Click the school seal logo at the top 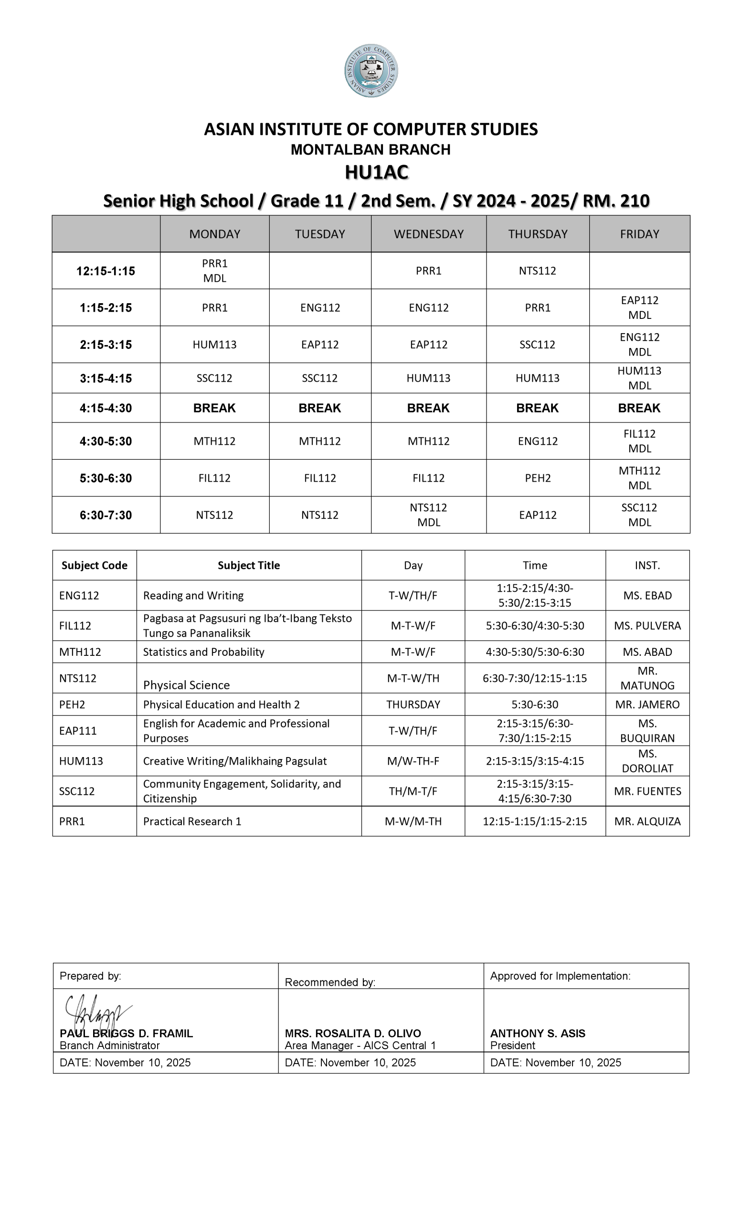point(371,71)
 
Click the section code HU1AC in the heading point(376,172)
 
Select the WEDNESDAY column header point(428,234)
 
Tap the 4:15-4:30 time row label point(106,408)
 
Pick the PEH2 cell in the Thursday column point(538,478)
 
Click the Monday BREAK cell point(214,408)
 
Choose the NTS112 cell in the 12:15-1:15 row point(538,271)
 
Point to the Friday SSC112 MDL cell point(639,515)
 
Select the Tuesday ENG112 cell point(320,307)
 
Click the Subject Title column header point(248,565)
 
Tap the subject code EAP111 point(78,730)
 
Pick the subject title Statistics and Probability point(203,652)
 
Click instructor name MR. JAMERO point(647,704)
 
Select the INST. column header point(647,565)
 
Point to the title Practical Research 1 point(192,822)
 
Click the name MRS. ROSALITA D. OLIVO point(353,1033)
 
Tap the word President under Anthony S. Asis point(512,1045)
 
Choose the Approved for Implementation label point(560,976)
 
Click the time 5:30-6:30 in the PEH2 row point(535,704)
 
